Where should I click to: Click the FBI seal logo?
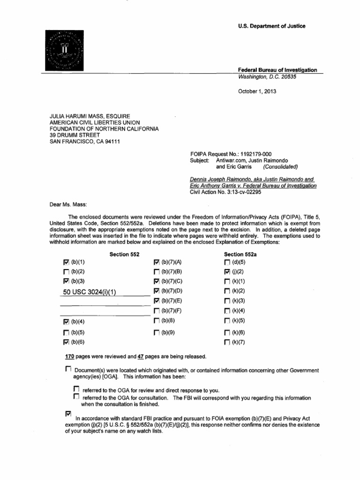point(64,51)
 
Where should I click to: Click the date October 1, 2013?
point(257,92)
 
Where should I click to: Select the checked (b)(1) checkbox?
point(66,262)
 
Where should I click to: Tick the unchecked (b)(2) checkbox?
point(66,271)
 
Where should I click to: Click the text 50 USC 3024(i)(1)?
point(89,292)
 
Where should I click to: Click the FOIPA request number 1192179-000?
point(248,154)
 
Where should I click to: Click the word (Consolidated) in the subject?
point(280,166)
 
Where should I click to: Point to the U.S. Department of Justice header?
point(272,26)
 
